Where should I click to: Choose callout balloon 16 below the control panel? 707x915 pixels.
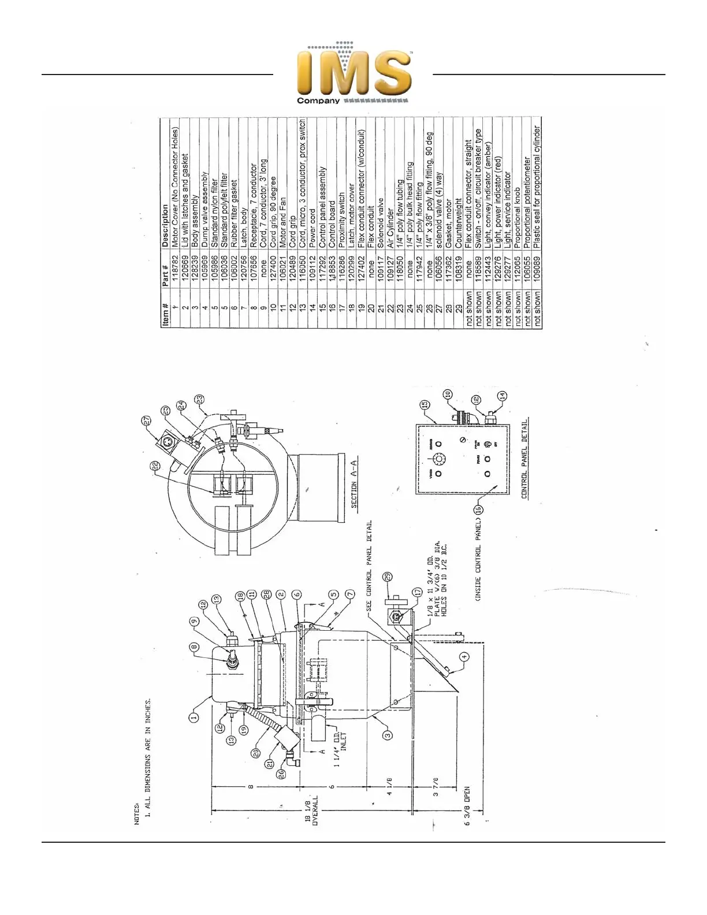click(477, 509)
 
